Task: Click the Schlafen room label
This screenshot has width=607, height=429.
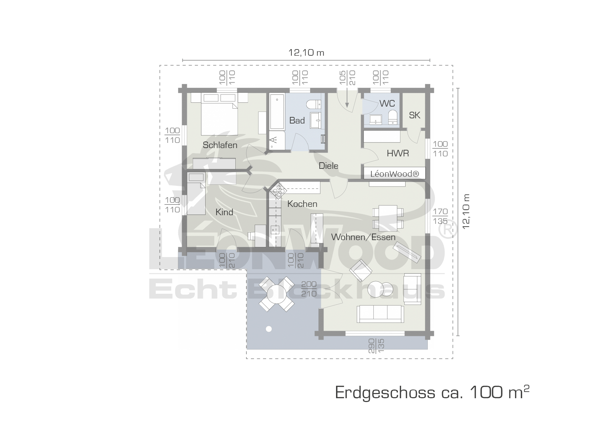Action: pyautogui.click(x=220, y=145)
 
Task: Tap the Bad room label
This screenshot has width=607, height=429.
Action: pyautogui.click(x=297, y=120)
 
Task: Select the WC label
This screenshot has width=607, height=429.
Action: pyautogui.click(x=387, y=103)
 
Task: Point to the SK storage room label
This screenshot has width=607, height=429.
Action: pyautogui.click(x=415, y=115)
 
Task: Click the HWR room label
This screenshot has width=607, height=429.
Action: pyautogui.click(x=398, y=153)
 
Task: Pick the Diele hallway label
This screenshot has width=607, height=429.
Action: pyautogui.click(x=328, y=166)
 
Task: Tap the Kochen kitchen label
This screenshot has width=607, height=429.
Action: pyautogui.click(x=302, y=204)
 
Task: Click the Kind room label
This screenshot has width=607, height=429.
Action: pyautogui.click(x=224, y=212)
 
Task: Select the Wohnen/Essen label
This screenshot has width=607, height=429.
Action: pyautogui.click(x=363, y=237)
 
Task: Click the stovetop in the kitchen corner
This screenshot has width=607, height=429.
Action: pyautogui.click(x=279, y=191)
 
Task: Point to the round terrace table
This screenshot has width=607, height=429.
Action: pyautogui.click(x=277, y=294)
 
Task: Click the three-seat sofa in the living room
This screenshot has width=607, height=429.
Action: pyautogui.click(x=380, y=314)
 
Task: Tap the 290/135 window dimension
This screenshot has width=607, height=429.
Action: pyautogui.click(x=376, y=346)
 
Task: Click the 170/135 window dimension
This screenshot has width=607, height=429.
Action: pyautogui.click(x=440, y=216)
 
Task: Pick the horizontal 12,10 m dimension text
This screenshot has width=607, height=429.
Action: pyautogui.click(x=306, y=53)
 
